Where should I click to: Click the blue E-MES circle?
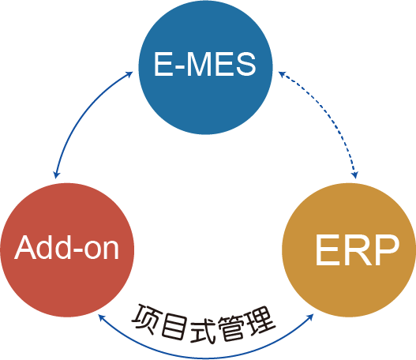205,67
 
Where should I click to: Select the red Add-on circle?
67,250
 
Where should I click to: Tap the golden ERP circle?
349,250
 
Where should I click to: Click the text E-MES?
204,64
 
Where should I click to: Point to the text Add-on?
66,247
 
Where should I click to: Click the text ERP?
358,249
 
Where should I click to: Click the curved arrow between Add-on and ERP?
205,358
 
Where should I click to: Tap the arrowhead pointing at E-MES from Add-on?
129,74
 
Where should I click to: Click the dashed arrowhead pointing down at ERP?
354,175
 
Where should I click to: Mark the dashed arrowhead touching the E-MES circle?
282,74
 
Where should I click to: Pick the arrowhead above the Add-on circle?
57,175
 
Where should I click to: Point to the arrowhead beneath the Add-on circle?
101,317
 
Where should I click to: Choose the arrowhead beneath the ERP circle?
310,317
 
